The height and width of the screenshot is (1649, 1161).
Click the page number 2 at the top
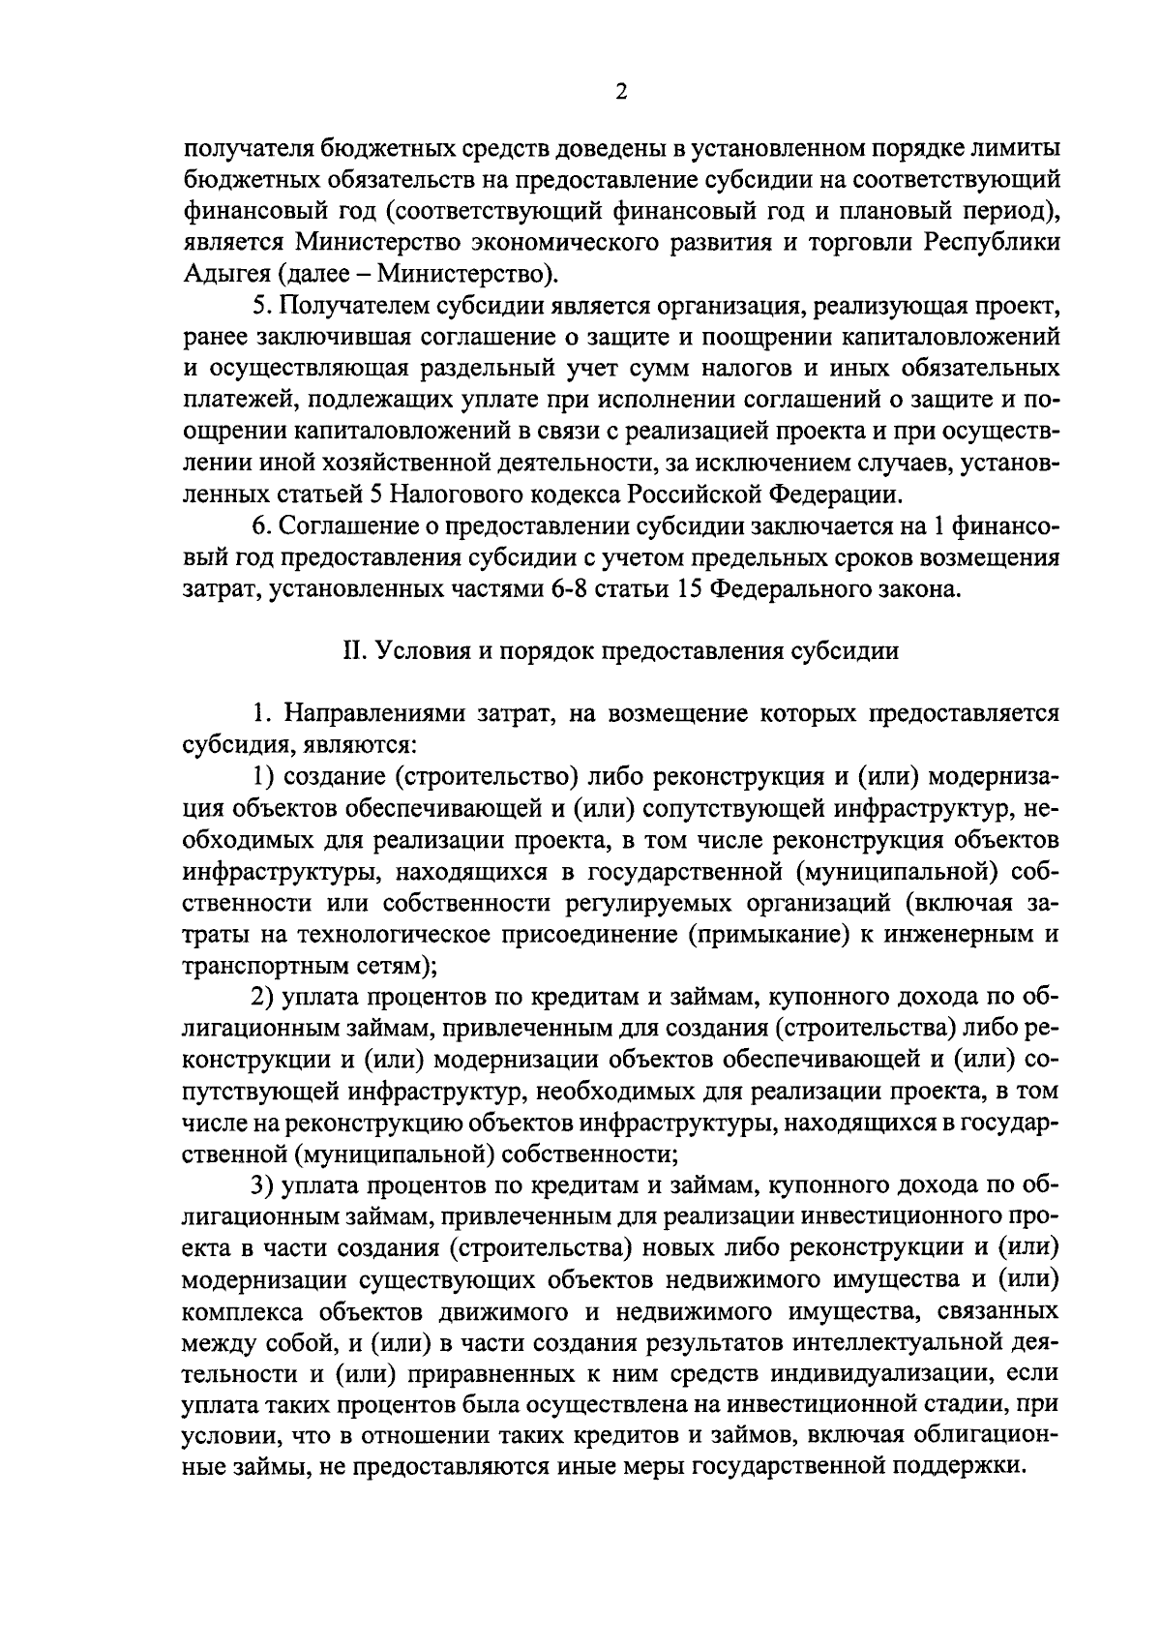[x=620, y=92]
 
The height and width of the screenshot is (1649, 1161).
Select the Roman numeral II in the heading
[x=350, y=651]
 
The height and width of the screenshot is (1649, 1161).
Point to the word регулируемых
[x=638, y=903]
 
